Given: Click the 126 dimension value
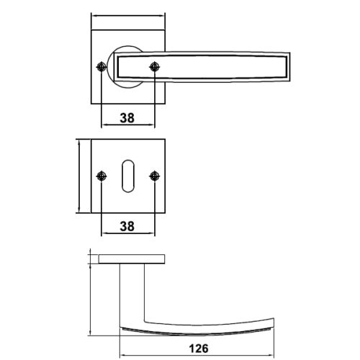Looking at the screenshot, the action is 199,348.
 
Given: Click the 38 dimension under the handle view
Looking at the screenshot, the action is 127,118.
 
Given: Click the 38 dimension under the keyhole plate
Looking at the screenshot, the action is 127,226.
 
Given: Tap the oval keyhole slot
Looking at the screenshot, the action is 128,176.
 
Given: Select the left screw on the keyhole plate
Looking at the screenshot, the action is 102,176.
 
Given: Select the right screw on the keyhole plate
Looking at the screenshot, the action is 154,176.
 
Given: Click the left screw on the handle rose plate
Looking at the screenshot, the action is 102,67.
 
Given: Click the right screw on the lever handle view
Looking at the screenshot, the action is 154,67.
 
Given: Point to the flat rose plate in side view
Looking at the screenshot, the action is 132,259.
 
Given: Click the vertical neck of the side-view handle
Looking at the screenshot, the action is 132,294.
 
